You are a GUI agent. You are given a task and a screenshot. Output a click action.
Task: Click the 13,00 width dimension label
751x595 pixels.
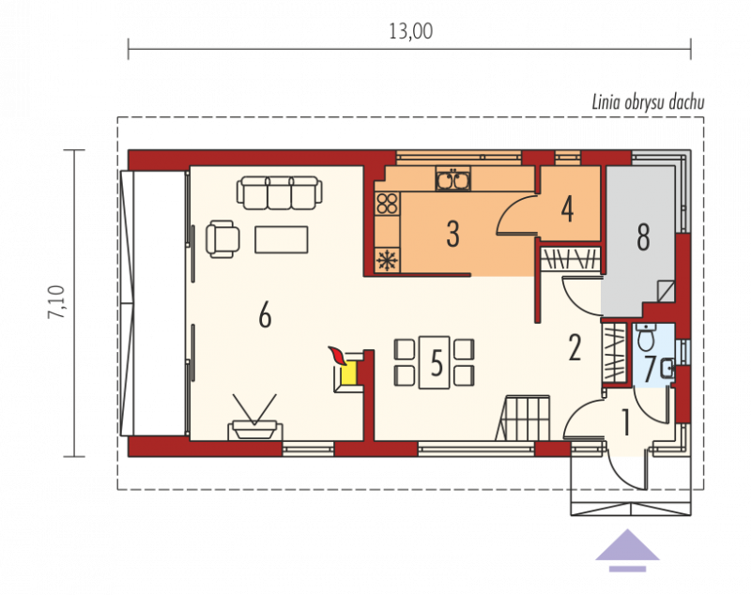(410, 32)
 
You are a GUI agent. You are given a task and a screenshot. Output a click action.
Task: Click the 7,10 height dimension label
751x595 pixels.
(56, 302)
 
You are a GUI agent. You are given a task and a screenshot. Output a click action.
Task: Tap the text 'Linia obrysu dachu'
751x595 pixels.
(648, 103)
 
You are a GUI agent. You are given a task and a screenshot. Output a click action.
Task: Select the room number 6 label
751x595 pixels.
(265, 316)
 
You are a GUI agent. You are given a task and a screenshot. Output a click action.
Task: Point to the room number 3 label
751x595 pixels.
(452, 234)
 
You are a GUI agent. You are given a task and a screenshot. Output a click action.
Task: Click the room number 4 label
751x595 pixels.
(568, 209)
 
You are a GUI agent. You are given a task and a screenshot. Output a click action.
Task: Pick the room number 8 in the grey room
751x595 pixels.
(643, 236)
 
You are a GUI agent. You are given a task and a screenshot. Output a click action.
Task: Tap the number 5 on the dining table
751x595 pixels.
(437, 363)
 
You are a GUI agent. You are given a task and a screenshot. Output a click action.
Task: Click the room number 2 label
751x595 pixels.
(575, 347)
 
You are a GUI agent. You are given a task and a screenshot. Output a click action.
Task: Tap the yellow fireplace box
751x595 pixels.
(348, 373)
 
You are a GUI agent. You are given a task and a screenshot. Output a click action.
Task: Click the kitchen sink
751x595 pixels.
(453, 179)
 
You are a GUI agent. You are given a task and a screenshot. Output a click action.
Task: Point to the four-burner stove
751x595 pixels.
(387, 204)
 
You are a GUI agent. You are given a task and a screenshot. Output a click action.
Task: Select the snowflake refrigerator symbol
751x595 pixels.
(387, 260)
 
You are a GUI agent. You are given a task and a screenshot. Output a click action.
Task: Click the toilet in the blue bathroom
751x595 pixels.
(647, 337)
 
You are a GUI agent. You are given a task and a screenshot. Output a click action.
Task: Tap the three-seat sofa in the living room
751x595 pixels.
(279, 192)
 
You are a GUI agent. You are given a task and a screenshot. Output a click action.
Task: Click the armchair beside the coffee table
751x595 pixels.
(222, 239)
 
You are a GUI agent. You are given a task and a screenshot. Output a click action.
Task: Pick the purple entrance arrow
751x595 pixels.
(627, 550)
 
